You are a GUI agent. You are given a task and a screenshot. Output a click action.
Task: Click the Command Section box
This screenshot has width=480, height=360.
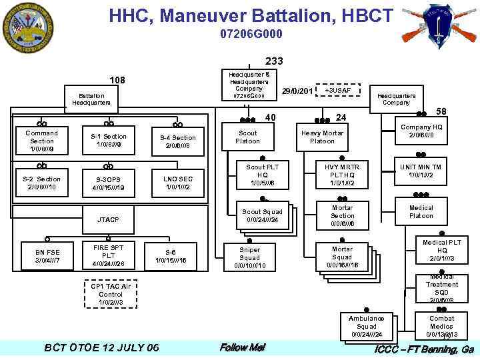tap(41, 141)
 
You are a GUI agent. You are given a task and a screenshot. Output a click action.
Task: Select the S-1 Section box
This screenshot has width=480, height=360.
tap(109, 141)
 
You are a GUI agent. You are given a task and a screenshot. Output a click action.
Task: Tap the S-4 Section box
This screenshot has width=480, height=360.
tap(178, 141)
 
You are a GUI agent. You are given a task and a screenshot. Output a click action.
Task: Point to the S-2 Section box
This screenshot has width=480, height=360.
tap(41, 183)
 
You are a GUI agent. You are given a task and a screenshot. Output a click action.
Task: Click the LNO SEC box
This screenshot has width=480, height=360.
tap(178, 183)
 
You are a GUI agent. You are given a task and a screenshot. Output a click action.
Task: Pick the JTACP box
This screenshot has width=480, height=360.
tap(109, 219)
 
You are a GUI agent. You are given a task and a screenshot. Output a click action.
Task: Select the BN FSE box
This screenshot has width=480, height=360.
tap(47, 256)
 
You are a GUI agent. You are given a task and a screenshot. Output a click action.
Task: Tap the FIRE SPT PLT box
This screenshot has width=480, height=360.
tap(109, 256)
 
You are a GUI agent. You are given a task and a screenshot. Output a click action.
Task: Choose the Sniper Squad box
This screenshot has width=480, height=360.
tap(249, 258)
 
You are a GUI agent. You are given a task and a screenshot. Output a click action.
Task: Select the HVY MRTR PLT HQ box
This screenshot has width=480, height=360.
tap(341, 175)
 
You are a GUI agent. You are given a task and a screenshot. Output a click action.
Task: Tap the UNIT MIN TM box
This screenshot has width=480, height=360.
tap(421, 171)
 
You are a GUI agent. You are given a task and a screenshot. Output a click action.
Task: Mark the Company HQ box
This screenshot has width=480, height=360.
tap(421, 132)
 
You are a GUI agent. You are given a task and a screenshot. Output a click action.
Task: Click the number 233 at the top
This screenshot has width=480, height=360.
tap(274, 61)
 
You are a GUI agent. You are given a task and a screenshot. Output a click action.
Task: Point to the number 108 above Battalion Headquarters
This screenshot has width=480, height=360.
tap(117, 81)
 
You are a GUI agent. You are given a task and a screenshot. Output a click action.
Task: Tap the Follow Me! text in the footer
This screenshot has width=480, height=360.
tap(242, 347)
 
